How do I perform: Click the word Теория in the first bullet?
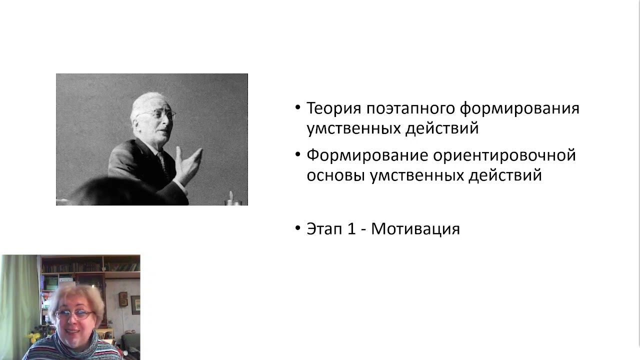(x=333, y=108)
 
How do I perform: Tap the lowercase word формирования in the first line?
(x=519, y=109)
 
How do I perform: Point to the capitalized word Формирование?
(x=366, y=155)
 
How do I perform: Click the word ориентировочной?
(x=504, y=155)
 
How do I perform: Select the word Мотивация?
(x=415, y=229)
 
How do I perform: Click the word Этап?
(x=324, y=229)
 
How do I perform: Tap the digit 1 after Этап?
(x=351, y=229)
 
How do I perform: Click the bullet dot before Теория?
(x=298, y=107)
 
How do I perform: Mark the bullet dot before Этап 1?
(x=298, y=228)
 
